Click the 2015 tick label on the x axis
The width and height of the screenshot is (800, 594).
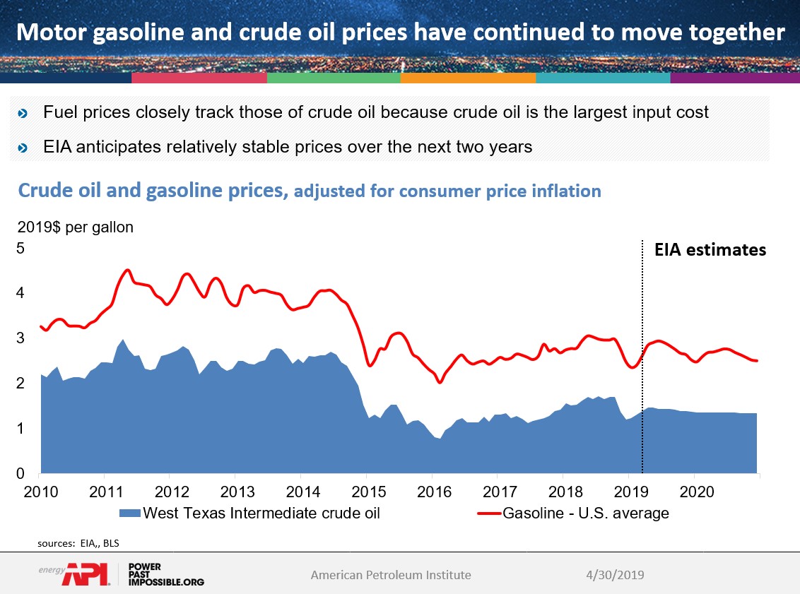coord(367,490)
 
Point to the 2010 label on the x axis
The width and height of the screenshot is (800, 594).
coord(40,490)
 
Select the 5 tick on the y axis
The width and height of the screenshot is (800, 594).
coord(20,249)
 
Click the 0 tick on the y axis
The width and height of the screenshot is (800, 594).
coord(20,474)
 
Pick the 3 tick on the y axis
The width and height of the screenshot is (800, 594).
coord(20,338)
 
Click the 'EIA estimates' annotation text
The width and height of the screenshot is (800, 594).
coord(710,249)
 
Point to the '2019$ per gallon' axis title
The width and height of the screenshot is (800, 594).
coord(76,228)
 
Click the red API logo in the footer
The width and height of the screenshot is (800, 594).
coord(85,575)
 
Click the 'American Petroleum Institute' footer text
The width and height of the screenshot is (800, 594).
coord(391,575)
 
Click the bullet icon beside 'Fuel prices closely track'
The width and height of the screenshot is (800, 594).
coord(23,113)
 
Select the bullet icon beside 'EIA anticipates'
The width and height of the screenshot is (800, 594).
coord(23,148)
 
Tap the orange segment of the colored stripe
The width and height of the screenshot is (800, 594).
coord(467,78)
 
